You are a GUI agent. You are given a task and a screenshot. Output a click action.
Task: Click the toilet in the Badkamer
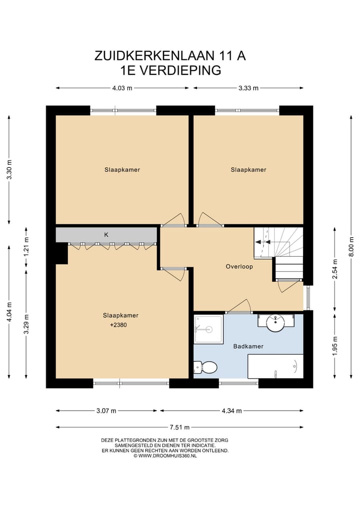pos(206,368)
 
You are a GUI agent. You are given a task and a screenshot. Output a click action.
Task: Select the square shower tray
pos(208,330)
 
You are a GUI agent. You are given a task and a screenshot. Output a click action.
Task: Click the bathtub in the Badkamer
pos(275,366)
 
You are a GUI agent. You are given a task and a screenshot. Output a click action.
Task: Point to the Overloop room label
pos(239,266)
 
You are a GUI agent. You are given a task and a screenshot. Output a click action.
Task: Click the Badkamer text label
pos(248,346)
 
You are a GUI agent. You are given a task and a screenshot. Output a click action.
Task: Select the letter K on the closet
pos(106,234)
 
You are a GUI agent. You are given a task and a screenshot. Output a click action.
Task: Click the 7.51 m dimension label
pos(179,427)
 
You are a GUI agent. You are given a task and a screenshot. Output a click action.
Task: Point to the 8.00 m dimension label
pos(351,248)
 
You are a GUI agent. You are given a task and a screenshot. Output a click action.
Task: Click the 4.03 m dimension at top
pos(122,88)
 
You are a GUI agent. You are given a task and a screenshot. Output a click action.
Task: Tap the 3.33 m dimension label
pos(248,88)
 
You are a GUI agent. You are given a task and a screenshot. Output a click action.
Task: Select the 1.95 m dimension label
pos(335,345)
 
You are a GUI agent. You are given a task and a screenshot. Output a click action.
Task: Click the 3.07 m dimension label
pos(106,411)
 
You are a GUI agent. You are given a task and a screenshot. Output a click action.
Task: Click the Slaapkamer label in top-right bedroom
pos(248,170)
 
